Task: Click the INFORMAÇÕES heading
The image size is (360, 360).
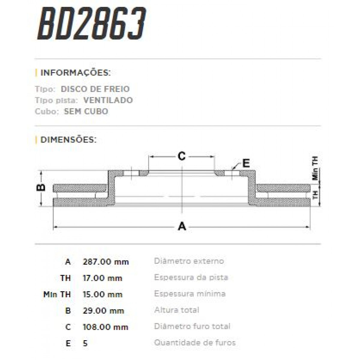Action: point(75,73)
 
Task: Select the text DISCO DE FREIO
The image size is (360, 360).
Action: point(95,89)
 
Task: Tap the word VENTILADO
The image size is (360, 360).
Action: point(108,100)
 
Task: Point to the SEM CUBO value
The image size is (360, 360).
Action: point(86,111)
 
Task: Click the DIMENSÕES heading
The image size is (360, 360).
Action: point(68,140)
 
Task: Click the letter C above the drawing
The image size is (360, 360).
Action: point(182,156)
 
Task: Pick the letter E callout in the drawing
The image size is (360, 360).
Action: point(246,163)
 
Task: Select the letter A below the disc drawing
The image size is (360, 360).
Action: point(182,226)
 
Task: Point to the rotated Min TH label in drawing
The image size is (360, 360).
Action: point(315,168)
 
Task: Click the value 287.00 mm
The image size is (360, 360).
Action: point(106,262)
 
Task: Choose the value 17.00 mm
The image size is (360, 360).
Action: point(102,278)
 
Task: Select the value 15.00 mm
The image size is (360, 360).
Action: point(102,294)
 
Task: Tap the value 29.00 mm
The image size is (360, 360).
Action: point(103,310)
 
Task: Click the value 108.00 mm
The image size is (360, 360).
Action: point(105,327)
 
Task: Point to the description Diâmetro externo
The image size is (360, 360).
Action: point(189,261)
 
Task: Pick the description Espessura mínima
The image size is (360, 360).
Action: point(190,293)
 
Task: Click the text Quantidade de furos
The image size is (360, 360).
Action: point(195,342)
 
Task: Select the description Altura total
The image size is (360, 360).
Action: point(177,310)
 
